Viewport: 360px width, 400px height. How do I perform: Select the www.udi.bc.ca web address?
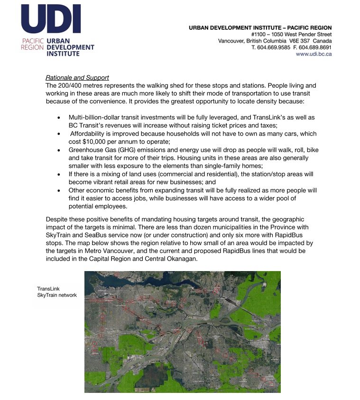click(x=314, y=55)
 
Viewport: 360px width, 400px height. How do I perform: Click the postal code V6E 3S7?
click(x=298, y=41)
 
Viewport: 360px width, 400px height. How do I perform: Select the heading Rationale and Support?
click(x=77, y=78)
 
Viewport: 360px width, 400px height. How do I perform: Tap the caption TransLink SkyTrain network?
click(x=57, y=292)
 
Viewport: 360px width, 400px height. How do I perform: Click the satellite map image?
click(x=182, y=332)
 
